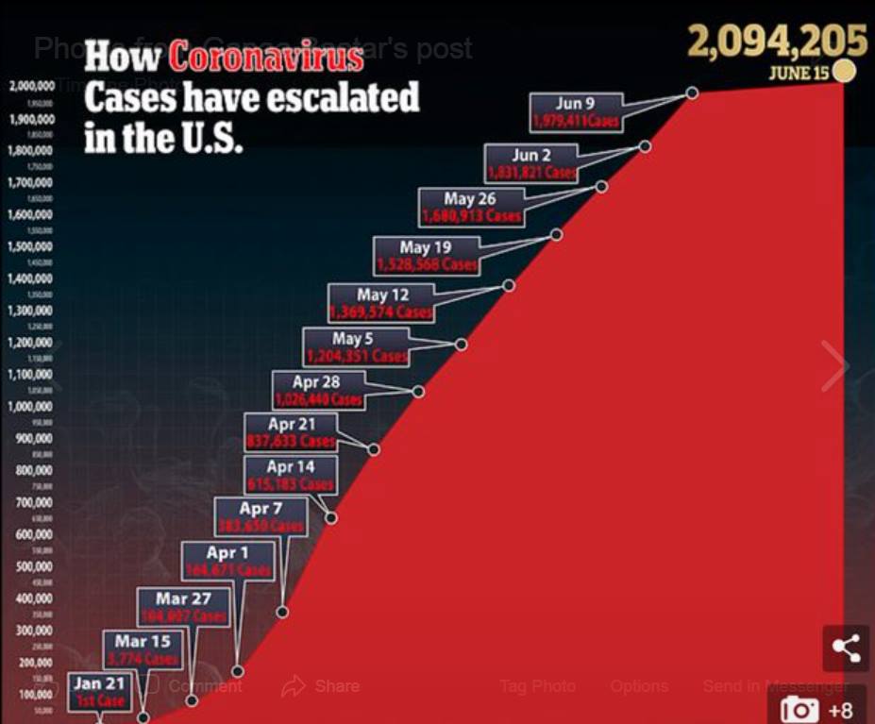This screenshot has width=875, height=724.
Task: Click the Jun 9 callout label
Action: [576, 112]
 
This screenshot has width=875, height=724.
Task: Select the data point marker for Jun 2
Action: [645, 146]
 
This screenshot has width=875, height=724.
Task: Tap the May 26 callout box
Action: [470, 207]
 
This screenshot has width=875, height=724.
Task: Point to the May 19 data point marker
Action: [556, 234]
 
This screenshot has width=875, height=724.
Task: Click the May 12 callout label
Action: [382, 303]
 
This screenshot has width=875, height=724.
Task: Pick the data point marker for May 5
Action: [461, 345]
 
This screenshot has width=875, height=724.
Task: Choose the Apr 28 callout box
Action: [316, 390]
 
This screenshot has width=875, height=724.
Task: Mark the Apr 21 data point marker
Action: [374, 449]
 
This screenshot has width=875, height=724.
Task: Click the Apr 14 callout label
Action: [291, 475]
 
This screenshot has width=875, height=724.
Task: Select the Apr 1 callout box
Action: [227, 561]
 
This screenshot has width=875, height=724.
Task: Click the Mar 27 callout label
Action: [184, 607]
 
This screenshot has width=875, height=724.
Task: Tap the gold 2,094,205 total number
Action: [777, 42]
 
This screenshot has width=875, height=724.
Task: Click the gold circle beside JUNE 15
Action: [844, 71]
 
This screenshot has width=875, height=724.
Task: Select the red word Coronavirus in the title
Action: [265, 57]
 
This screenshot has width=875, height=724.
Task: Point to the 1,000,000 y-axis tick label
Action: [32, 407]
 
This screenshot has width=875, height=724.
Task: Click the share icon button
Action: [846, 648]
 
